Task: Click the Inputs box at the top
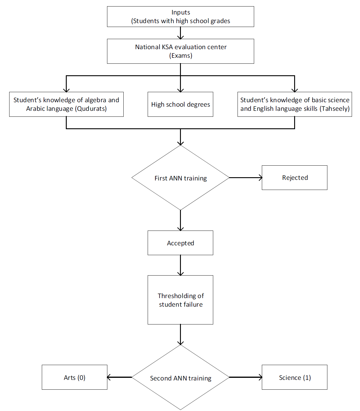[x=180, y=17]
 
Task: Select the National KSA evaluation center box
[x=180, y=51]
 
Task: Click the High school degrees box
[x=180, y=104]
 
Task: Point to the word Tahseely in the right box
[x=335, y=109]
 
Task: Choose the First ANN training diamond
[x=180, y=177]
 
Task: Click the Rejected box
[x=294, y=177]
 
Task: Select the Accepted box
[x=180, y=243]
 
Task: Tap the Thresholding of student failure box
[x=180, y=300]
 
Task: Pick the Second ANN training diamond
[x=180, y=377]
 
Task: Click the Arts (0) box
[x=74, y=377]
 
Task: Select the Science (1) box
[x=294, y=377]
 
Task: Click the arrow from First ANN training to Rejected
[x=246, y=177]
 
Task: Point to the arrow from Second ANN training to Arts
[x=120, y=377]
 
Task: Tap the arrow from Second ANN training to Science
[x=246, y=377]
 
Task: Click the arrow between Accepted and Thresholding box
[x=180, y=265]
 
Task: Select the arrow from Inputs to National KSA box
[x=180, y=33]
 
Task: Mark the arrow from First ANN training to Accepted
[x=180, y=220]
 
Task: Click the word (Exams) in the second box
[x=181, y=56]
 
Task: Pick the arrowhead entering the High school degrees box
[x=180, y=90]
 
